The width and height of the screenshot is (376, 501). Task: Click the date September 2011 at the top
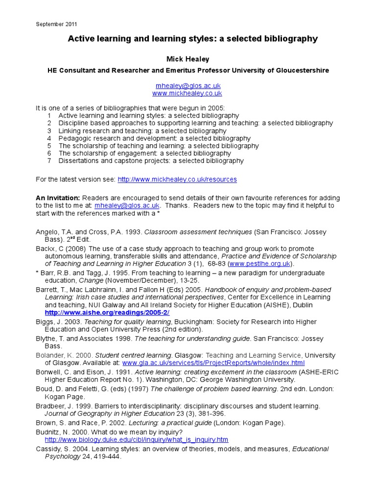[x=56, y=24]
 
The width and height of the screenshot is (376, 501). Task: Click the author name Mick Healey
[x=188, y=59]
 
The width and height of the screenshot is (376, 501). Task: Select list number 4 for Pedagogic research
[x=49, y=138]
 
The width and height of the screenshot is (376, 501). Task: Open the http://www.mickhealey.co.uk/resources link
[x=177, y=180]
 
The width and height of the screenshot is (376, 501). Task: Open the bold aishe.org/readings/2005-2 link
[x=107, y=312]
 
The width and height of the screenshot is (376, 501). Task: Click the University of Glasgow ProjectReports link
[x=213, y=363]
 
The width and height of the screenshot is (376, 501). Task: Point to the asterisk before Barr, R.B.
[x=37, y=273]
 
